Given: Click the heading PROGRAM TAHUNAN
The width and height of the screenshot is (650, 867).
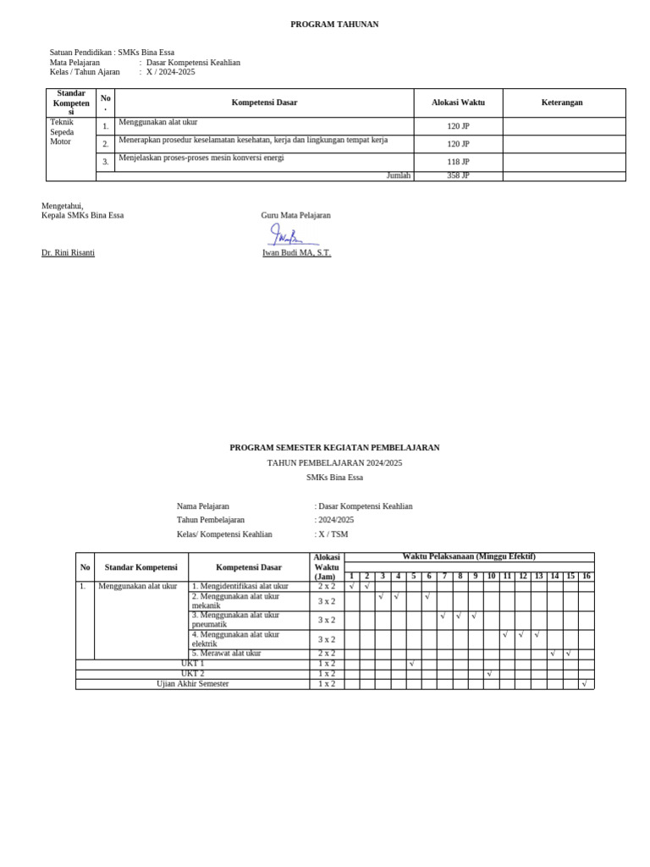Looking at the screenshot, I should (334, 25).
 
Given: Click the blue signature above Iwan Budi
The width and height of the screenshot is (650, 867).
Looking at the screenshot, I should (288, 235).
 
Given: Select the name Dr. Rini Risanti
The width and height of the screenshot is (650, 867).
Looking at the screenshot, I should (68, 252).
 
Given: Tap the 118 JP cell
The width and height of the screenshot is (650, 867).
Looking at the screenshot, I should (458, 162).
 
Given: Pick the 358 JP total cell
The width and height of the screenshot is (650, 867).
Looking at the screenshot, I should (458, 176).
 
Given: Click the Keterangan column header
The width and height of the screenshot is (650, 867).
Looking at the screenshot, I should (562, 102).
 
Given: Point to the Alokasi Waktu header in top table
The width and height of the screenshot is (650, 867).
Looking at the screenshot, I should (458, 102).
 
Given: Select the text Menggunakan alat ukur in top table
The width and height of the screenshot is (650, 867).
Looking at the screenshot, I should (157, 123).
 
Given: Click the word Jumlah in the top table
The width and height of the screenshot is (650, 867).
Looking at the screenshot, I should (398, 176).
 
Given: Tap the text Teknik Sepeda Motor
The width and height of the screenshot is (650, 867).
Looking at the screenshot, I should (63, 132).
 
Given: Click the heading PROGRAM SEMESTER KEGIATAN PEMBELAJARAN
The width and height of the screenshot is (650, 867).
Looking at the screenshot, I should (334, 448).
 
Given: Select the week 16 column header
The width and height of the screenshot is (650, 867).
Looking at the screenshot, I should (586, 577).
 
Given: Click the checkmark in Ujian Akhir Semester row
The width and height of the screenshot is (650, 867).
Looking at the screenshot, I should (584, 684).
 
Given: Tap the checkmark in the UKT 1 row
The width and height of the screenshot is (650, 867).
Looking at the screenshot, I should (411, 664).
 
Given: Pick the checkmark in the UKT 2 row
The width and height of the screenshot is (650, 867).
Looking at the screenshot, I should (489, 674).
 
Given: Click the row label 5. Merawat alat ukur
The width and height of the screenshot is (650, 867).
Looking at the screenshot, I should (227, 654).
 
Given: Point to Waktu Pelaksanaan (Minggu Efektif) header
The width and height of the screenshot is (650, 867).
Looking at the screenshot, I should (468, 557).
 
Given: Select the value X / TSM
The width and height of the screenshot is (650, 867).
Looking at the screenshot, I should (333, 534).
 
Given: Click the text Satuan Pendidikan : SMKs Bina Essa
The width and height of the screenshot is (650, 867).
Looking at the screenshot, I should (112, 52).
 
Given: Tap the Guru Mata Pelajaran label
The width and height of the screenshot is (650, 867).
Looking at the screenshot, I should (295, 215).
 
